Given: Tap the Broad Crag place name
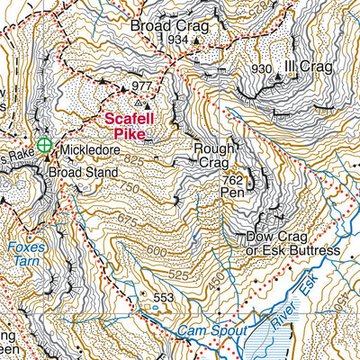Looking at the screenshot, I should pos(169,26).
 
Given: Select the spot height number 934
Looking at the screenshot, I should pos(177,40).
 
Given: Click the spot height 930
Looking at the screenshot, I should pos(262,70).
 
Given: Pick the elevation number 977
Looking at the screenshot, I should pos(142,86).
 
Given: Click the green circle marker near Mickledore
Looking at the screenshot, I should pos(44,144).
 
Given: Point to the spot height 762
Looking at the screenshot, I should pos(232,178).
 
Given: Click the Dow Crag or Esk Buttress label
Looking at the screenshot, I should pos(292,243).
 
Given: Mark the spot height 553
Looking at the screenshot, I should pos(163,298).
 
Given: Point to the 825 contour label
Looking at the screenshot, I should pos(135,158).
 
